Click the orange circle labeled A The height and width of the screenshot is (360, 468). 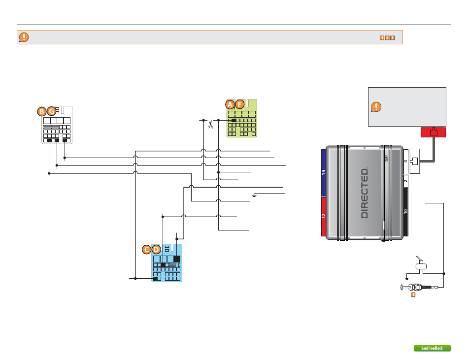[230, 104]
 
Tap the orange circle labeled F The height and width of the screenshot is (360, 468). [240, 104]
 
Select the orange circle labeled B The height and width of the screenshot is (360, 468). [43, 112]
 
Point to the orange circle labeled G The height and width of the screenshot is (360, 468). [52, 112]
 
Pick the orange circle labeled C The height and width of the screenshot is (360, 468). [146, 250]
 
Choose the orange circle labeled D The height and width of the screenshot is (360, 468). [156, 250]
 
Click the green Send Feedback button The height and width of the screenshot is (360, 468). [432, 348]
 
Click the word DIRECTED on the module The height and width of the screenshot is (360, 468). [365, 193]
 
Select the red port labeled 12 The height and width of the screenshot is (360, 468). [323, 216]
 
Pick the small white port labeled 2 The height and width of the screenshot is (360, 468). [405, 181]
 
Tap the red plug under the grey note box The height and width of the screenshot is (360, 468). [434, 132]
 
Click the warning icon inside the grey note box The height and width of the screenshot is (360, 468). [376, 106]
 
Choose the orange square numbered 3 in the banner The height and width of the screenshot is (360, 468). [392, 37]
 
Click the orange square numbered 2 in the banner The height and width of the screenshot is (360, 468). [387, 37]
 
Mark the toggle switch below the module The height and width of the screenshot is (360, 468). [420, 265]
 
